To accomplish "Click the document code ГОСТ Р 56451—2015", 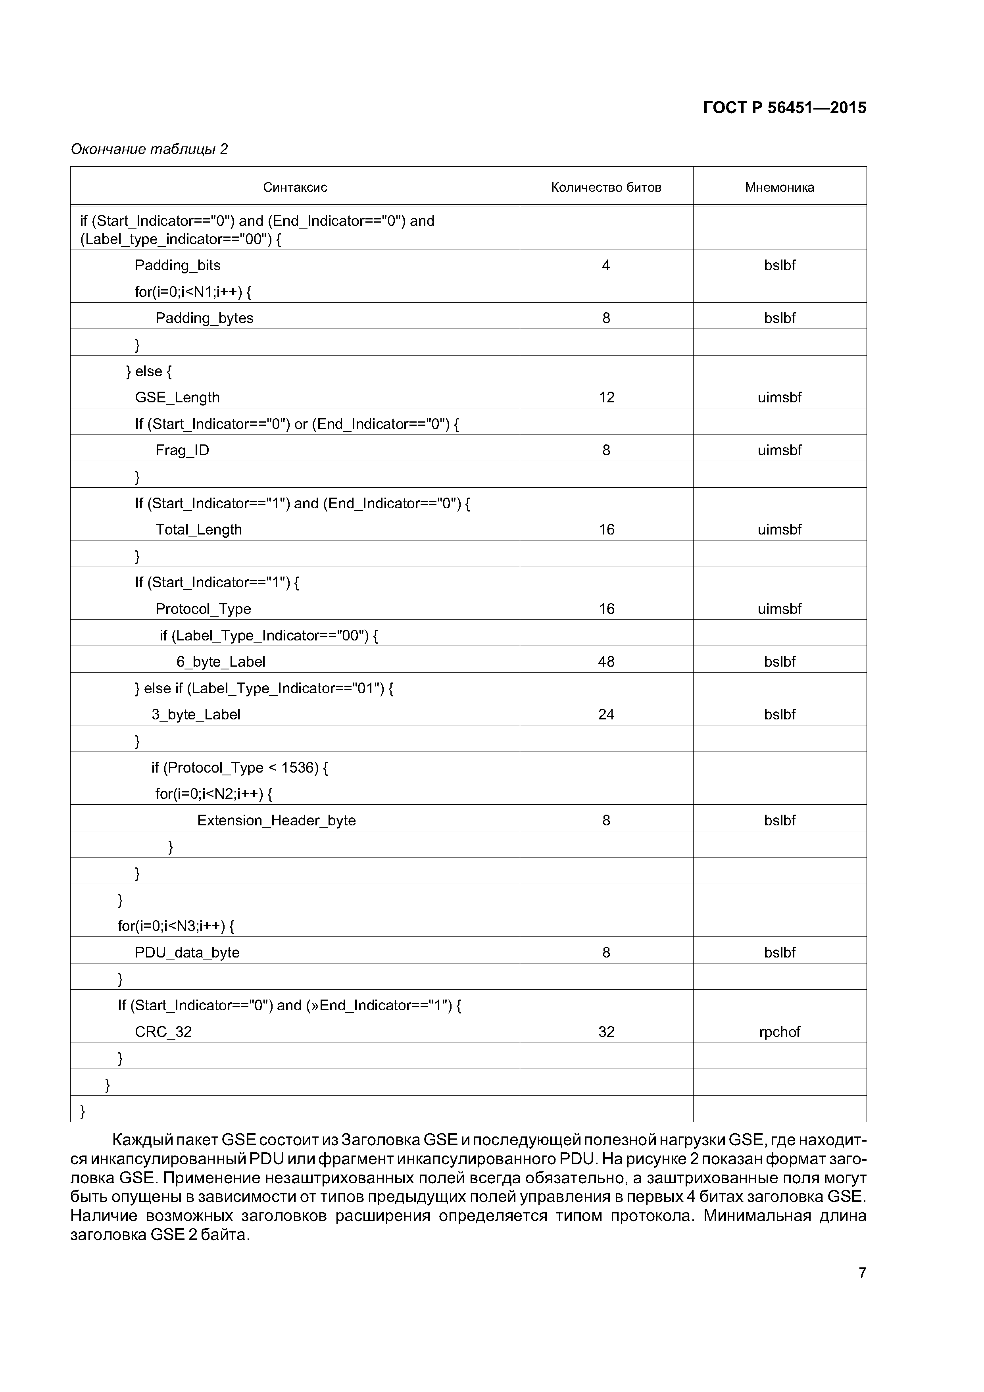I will click(784, 108).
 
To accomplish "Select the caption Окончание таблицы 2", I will click(149, 149).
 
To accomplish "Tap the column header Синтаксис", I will click(295, 187).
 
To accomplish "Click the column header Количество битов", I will click(606, 187).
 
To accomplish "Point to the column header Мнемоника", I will click(779, 187).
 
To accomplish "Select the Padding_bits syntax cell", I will click(178, 265).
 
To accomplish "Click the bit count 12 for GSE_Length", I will click(606, 397).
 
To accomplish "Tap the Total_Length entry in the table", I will click(198, 529).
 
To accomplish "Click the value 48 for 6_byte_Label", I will click(606, 661).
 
